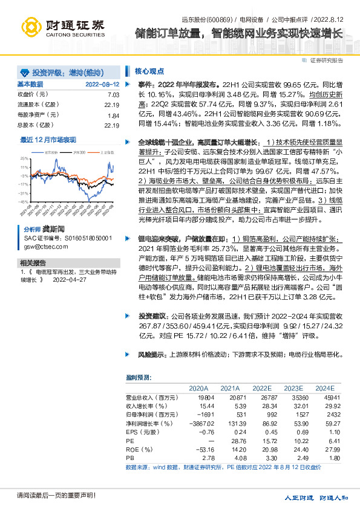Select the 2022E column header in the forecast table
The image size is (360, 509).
pyautogui.click(x=261, y=388)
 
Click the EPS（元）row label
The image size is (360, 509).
pyautogui.click(x=140, y=433)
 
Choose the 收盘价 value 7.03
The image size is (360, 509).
pyautogui.click(x=113, y=95)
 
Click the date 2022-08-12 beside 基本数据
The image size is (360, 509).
pyautogui.click(x=102, y=84)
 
